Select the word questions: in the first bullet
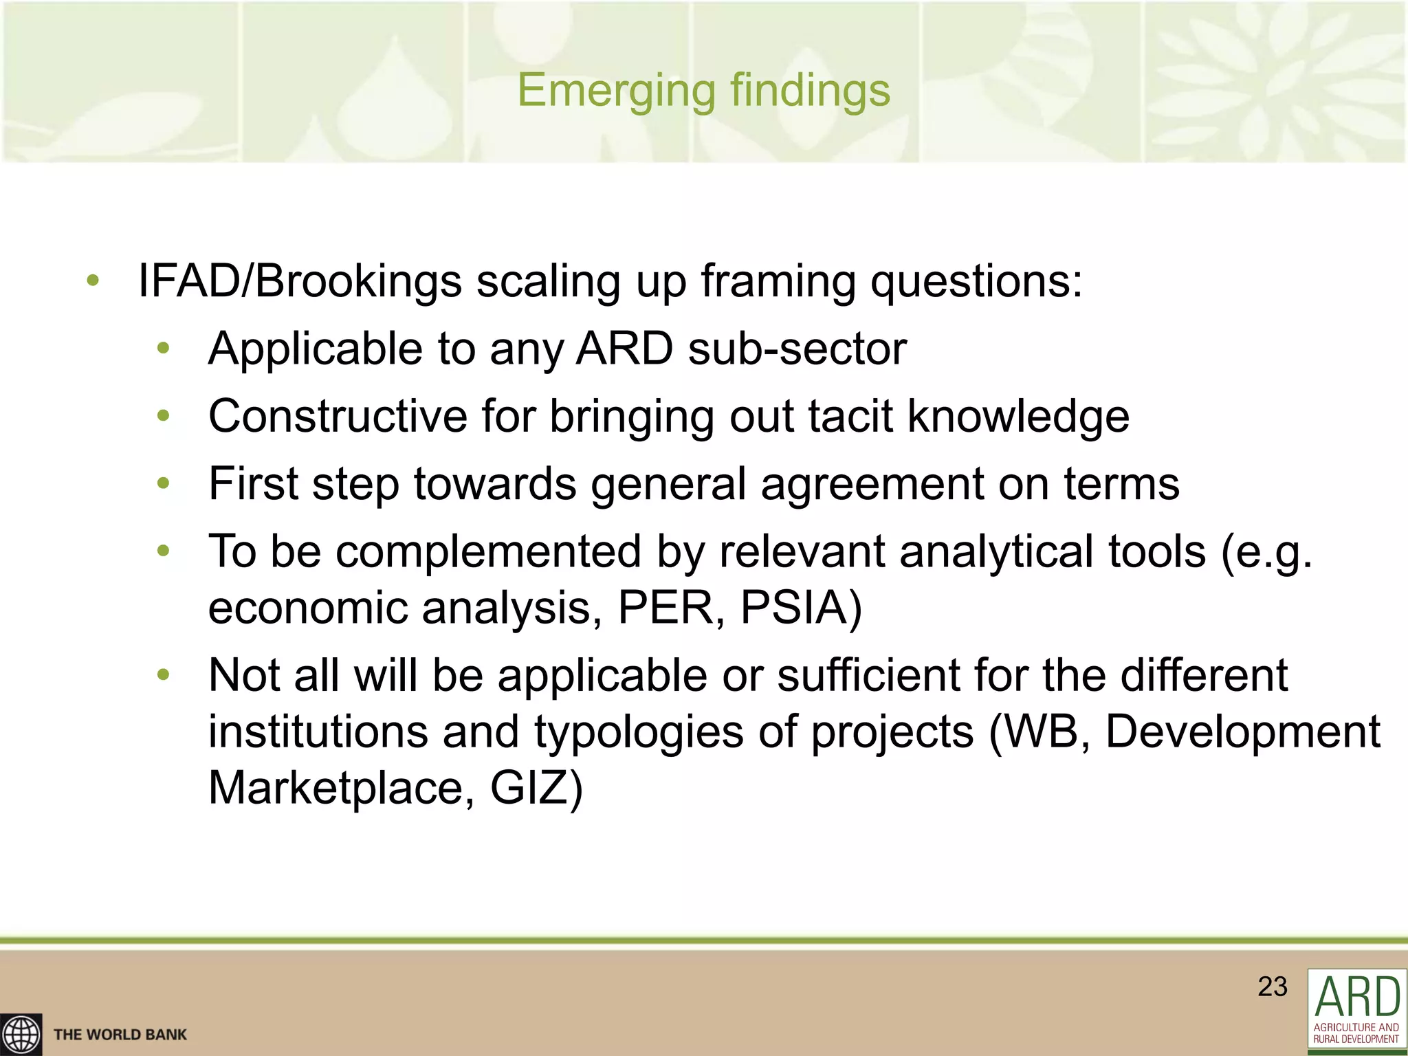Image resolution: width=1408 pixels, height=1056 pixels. click(x=977, y=281)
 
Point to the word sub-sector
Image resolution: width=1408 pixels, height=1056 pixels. click(x=797, y=349)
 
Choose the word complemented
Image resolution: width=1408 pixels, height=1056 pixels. click(x=488, y=551)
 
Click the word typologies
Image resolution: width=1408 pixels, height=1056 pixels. click(x=639, y=731)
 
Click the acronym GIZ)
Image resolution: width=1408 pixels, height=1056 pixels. click(x=536, y=787)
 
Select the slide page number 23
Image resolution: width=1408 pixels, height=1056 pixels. click(x=1272, y=987)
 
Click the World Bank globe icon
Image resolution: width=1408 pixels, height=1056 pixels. click(x=21, y=1034)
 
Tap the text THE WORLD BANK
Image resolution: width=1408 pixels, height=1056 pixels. click(x=120, y=1035)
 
